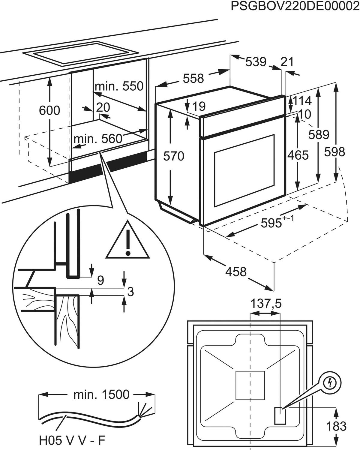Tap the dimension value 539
pyautogui.click(x=256, y=62)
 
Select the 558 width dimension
pyautogui.click(x=193, y=79)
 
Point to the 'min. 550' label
pyautogui.click(x=119, y=86)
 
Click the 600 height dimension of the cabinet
pyautogui.click(x=49, y=110)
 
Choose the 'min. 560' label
pyautogui.click(x=98, y=139)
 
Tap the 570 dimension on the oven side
pyautogui.click(x=174, y=156)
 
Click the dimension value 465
pyautogui.click(x=298, y=155)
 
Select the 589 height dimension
pyautogui.click(x=319, y=135)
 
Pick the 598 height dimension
pyautogui.click(x=334, y=152)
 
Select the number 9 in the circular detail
pyautogui.click(x=100, y=280)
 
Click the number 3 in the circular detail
pyautogui.click(x=130, y=291)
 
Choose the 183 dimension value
pyautogui.click(x=336, y=426)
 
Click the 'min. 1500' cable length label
pyautogui.click(x=101, y=394)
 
